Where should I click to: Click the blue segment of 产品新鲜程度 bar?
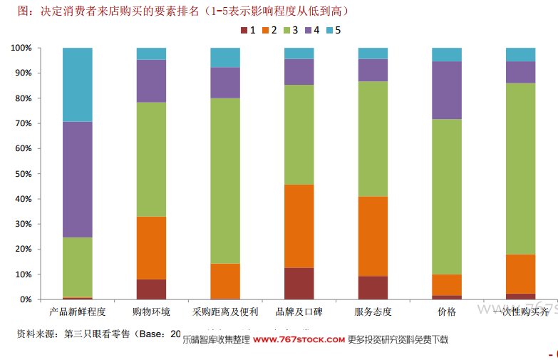coord(77,84)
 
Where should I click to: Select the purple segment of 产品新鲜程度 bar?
coord(77,179)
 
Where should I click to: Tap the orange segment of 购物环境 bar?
coord(151,247)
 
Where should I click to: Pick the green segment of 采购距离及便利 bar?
coord(225,180)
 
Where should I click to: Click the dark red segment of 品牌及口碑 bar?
coord(299,283)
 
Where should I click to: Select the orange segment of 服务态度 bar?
coord(373,236)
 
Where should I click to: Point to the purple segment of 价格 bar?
coord(447,90)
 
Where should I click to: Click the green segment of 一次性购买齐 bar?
coord(520,168)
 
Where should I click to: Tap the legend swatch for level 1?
coord(244,30)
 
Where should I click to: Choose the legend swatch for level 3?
coord(287,30)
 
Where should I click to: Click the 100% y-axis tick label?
coord(21,48)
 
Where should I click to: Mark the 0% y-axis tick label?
coord(25,299)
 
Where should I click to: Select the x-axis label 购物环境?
coord(151,312)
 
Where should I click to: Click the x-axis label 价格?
coord(447,312)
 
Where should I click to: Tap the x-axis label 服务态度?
coord(373,312)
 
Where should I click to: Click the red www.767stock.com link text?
coord(299,340)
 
